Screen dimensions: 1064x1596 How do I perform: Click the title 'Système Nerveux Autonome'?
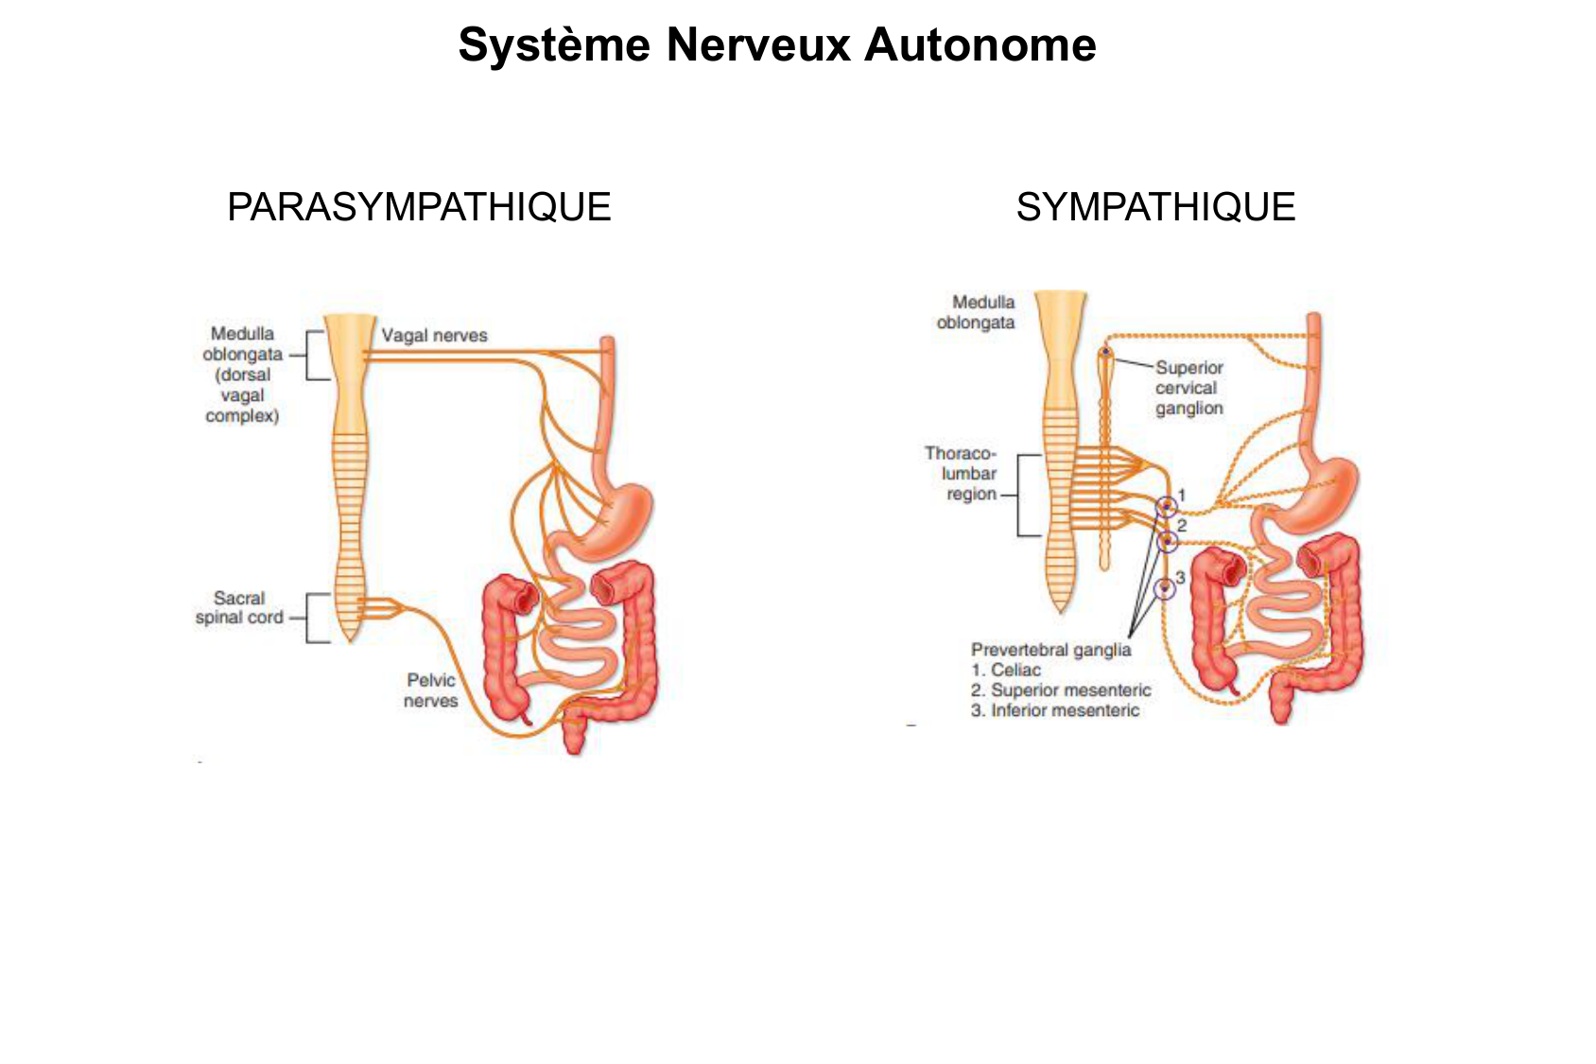pyautogui.click(x=776, y=44)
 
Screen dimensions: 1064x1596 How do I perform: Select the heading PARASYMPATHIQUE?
pyautogui.click(x=419, y=207)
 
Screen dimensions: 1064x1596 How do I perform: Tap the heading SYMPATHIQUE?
pyautogui.click(x=1155, y=207)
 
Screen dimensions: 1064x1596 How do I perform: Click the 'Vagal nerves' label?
pyautogui.click(x=434, y=335)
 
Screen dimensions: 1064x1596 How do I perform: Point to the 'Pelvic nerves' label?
pyautogui.click(x=431, y=690)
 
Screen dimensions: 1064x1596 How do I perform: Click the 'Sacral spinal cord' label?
pyautogui.click(x=239, y=607)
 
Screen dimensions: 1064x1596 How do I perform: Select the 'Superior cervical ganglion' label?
pyautogui.click(x=1188, y=388)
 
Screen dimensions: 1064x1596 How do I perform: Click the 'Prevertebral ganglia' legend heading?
pyautogui.click(x=1050, y=650)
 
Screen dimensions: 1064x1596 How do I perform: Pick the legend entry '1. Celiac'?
pyautogui.click(x=1005, y=670)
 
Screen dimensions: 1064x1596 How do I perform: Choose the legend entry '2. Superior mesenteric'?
pyautogui.click(x=1060, y=690)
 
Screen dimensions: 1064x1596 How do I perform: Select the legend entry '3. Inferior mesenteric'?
pyautogui.click(x=1054, y=710)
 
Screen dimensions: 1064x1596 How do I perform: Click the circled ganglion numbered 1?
pyautogui.click(x=1167, y=505)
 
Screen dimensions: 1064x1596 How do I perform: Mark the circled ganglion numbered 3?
pyautogui.click(x=1166, y=587)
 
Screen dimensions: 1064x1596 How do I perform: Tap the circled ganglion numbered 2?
pyautogui.click(x=1168, y=541)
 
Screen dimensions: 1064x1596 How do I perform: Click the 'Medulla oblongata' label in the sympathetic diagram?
pyautogui.click(x=976, y=312)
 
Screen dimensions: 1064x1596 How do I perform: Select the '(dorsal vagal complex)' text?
pyautogui.click(x=242, y=395)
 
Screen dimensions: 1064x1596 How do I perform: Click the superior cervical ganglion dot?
pyautogui.click(x=1105, y=353)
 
